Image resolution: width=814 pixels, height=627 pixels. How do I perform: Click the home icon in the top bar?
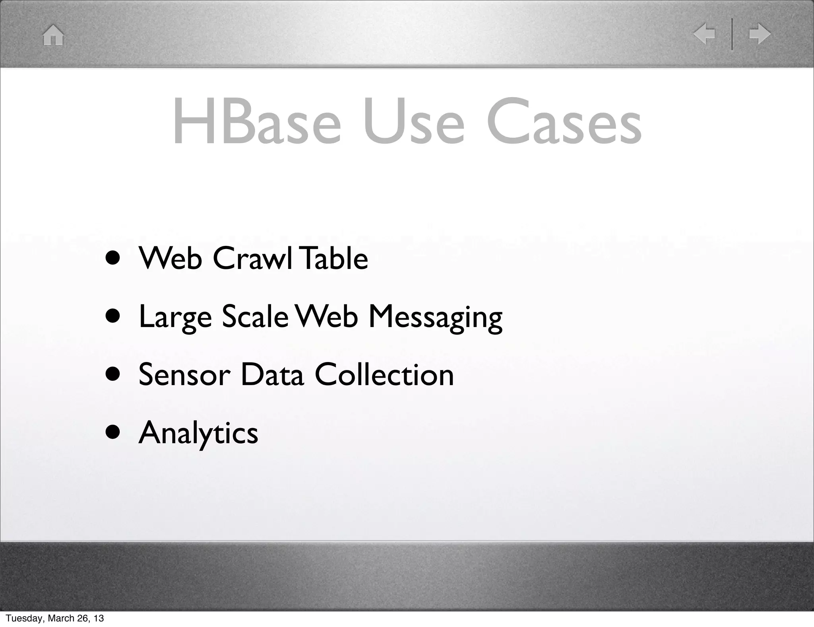[53, 35]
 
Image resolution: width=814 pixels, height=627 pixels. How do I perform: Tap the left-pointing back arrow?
[704, 34]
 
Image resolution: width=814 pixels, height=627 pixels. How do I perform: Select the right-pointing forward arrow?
[760, 34]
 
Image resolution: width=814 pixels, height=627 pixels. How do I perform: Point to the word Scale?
[255, 317]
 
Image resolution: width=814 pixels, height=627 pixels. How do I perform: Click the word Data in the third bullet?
[272, 375]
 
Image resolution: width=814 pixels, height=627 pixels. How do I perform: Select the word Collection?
[384, 375]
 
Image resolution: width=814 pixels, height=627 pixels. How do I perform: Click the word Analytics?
[198, 434]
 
